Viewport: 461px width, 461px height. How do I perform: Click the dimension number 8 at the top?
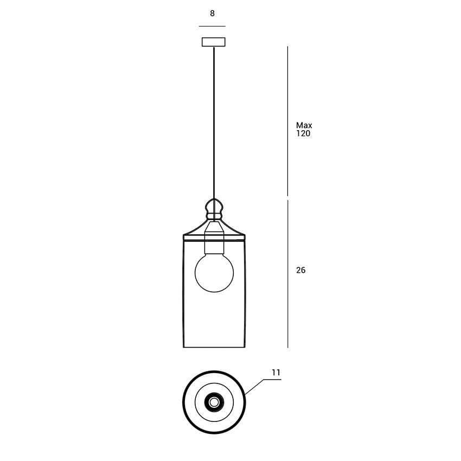(212, 14)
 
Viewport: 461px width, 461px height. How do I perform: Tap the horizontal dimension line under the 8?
(212, 26)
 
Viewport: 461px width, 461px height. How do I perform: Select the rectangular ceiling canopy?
(214, 42)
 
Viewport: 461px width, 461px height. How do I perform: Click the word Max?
(304, 125)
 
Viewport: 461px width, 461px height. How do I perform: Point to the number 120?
(303, 133)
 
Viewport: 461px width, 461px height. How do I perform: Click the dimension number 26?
(300, 270)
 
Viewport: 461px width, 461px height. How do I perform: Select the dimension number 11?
(276, 373)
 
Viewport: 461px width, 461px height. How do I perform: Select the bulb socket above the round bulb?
(214, 244)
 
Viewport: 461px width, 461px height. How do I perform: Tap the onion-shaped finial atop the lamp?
(214, 207)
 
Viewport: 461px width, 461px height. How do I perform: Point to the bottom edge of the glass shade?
(214, 347)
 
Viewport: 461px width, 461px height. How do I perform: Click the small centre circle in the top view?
(214, 402)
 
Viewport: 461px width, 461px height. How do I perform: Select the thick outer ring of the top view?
(184, 402)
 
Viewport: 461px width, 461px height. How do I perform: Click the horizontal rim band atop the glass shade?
(214, 237)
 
